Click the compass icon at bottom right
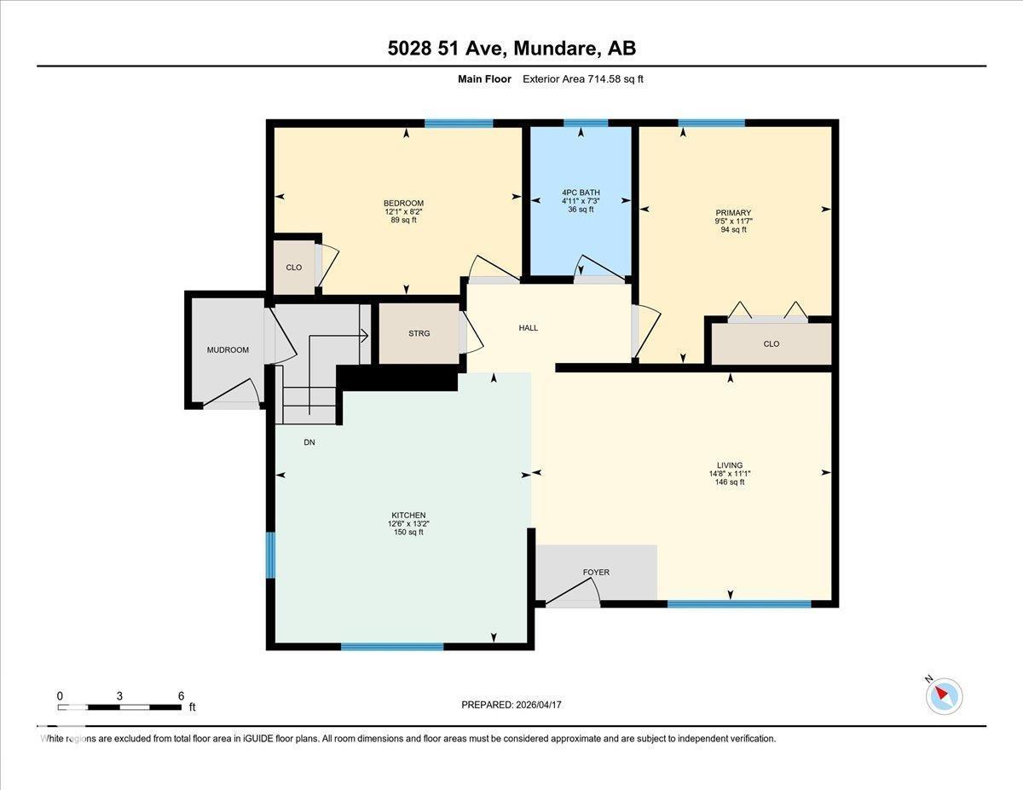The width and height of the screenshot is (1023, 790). (944, 695)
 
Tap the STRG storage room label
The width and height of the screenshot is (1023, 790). (419, 333)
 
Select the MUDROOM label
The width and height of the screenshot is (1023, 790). (228, 350)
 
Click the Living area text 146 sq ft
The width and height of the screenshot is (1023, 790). (730, 482)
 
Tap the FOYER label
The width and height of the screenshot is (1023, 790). (596, 572)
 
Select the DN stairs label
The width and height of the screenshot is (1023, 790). (309, 442)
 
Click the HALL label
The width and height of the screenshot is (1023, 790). (529, 327)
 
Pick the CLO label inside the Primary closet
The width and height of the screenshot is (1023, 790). (772, 344)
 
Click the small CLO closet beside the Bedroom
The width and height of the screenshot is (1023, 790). (293, 268)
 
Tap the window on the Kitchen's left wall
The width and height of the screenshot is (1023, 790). (271, 555)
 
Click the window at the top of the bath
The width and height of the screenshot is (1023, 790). (586, 123)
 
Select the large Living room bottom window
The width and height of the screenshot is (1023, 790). (738, 604)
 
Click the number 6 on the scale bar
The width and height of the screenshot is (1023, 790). (181, 695)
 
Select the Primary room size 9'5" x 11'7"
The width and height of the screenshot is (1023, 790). (733, 221)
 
